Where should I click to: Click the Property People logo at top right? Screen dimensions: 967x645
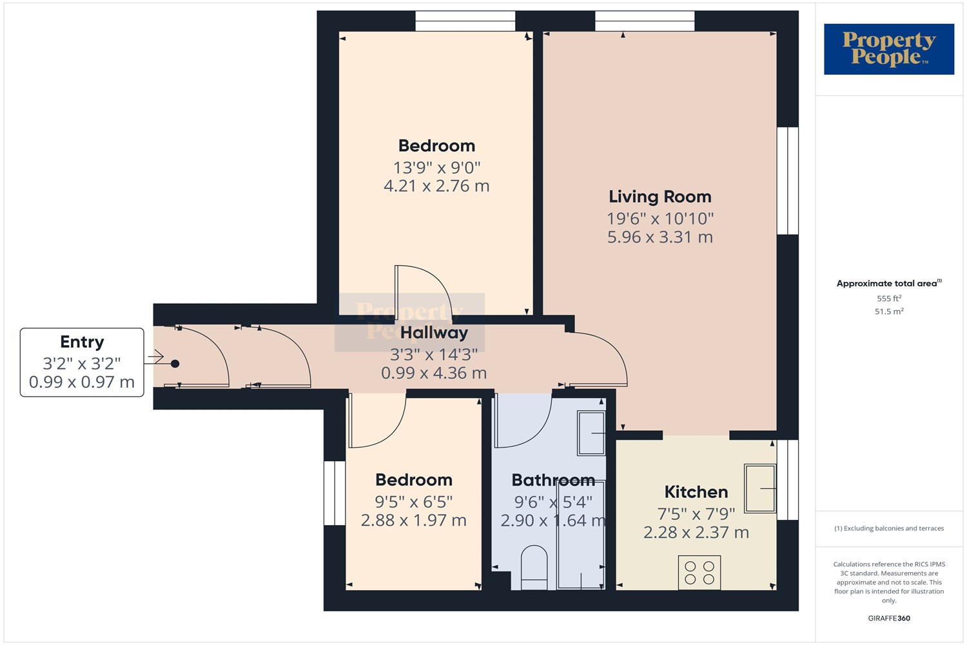889,49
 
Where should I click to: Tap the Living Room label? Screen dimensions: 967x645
660,197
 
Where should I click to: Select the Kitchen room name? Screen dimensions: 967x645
696,492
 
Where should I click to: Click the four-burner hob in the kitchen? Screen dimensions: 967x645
699,572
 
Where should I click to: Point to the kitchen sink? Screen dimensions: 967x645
760,489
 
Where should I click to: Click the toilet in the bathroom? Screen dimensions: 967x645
534,568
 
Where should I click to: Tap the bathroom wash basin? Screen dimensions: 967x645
591,433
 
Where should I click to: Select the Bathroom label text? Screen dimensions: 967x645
553,481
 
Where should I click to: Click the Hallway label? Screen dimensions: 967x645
434,333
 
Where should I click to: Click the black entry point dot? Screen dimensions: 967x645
175,364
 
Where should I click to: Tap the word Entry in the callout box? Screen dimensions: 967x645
82,342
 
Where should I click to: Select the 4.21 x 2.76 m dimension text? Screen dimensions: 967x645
436,186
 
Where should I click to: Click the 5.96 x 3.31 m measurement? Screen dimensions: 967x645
660,237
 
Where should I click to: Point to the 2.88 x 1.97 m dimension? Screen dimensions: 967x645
414,520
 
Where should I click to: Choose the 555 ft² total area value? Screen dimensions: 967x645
889,298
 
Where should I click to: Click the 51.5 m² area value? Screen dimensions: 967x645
889,311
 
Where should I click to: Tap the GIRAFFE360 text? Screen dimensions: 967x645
889,618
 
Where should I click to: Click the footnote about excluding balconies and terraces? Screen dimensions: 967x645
889,528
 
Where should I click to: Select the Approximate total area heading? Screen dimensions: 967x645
889,283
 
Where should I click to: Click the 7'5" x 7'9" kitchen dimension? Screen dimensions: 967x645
696,514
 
